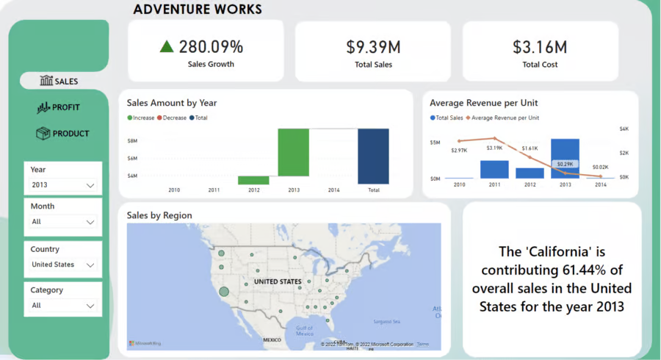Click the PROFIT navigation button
pyautogui.click(x=59, y=107)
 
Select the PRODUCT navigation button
pyautogui.click(x=62, y=134)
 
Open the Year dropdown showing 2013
pyautogui.click(x=63, y=185)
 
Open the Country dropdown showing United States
pyautogui.click(x=63, y=264)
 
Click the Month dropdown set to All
pyautogui.click(x=63, y=221)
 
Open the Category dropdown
pyautogui.click(x=63, y=306)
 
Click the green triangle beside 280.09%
pyautogui.click(x=167, y=47)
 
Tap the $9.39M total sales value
pyautogui.click(x=373, y=47)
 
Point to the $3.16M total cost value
pyautogui.click(x=540, y=47)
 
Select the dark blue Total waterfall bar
pyautogui.click(x=373, y=156)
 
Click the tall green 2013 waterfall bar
pyautogui.click(x=293, y=156)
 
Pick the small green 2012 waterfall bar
pyautogui.click(x=253, y=180)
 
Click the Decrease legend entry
pyautogui.click(x=171, y=118)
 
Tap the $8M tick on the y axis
pyautogui.click(x=133, y=140)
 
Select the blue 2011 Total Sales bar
pyautogui.click(x=494, y=169)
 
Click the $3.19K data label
pyautogui.click(x=494, y=148)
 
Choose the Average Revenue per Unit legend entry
pyautogui.click(x=505, y=118)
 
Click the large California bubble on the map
pyautogui.click(x=224, y=292)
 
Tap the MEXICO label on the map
pyautogui.click(x=272, y=339)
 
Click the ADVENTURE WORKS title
pyautogui.click(x=197, y=10)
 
